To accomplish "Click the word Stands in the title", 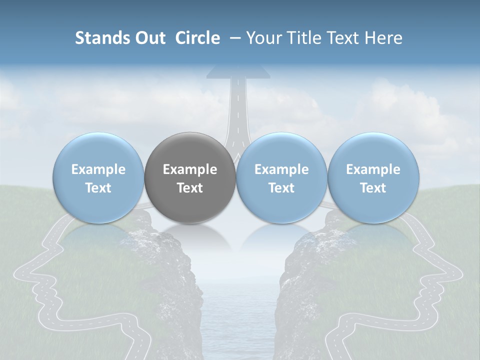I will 102,38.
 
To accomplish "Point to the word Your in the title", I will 262,38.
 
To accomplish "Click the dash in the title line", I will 234,38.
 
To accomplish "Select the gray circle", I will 190,178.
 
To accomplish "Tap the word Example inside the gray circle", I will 190,169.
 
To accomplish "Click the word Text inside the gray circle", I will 190,188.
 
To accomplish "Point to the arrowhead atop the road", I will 238,71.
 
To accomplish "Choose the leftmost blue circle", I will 98,178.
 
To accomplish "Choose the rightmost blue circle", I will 373,178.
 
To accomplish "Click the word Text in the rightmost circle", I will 373,188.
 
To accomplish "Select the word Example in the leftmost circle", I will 98,169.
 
